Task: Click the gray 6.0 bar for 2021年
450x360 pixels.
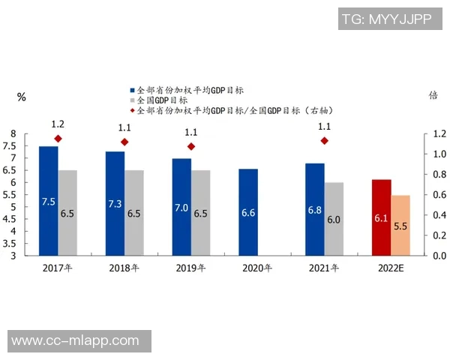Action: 334,218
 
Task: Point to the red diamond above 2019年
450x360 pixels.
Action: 191,147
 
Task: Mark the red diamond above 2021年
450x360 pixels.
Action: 324,141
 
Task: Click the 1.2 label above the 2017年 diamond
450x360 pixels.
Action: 58,124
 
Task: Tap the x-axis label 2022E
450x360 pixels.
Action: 391,268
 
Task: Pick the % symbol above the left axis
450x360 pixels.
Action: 22,97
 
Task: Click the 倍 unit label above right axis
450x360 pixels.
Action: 433,95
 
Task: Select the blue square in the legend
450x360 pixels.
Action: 132,89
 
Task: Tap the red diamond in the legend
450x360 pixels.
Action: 132,109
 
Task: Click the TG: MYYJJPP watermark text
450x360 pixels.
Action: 386,20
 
